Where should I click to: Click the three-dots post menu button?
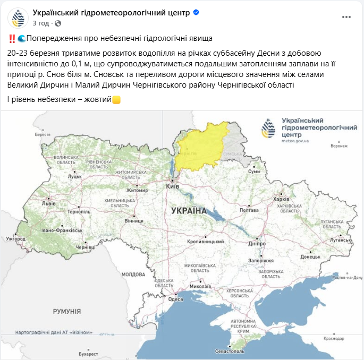(x=346, y=17)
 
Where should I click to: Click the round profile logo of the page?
(x=18, y=18)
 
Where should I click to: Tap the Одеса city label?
(x=175, y=299)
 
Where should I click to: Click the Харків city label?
(x=281, y=199)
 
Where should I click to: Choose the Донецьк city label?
(x=310, y=256)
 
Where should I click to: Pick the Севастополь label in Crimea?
(x=230, y=351)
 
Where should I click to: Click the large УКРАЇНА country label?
(x=189, y=211)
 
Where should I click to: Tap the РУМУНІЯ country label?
(x=67, y=312)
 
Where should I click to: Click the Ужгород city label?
(x=16, y=239)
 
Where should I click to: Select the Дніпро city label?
(x=256, y=244)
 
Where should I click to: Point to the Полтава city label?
(x=249, y=210)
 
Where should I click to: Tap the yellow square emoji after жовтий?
(x=116, y=99)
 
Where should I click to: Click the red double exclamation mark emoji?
(x=12, y=39)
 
